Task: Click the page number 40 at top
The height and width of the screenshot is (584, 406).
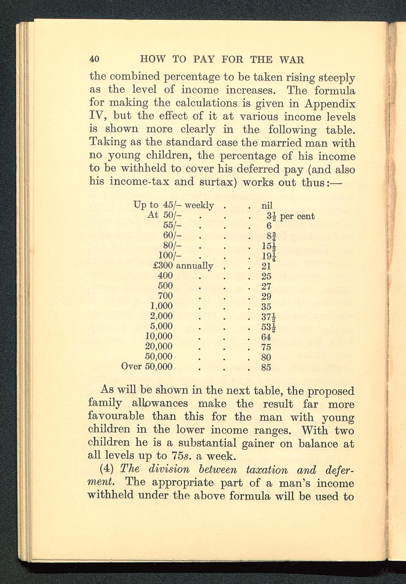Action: [x=95, y=59]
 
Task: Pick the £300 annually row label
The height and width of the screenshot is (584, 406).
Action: [x=183, y=266]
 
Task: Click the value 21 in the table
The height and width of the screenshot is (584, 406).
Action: [x=266, y=266]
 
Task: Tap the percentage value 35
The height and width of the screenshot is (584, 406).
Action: [x=266, y=306]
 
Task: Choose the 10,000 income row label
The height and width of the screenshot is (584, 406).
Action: [x=159, y=336]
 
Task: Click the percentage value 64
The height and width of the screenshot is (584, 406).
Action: [x=266, y=337]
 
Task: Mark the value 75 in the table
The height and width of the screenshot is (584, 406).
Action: [x=266, y=347]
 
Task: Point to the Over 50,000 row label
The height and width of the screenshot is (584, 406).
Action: [x=147, y=367]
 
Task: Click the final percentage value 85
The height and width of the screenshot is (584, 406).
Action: [x=266, y=368]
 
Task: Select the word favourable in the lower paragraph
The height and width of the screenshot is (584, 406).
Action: [x=116, y=417]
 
